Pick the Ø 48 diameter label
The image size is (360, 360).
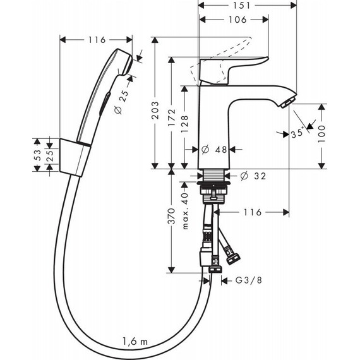[x=215, y=150]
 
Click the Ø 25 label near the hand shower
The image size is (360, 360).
[x=121, y=101]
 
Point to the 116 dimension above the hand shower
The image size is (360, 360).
[x=97, y=40]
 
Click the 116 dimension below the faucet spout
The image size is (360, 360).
[x=252, y=213]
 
